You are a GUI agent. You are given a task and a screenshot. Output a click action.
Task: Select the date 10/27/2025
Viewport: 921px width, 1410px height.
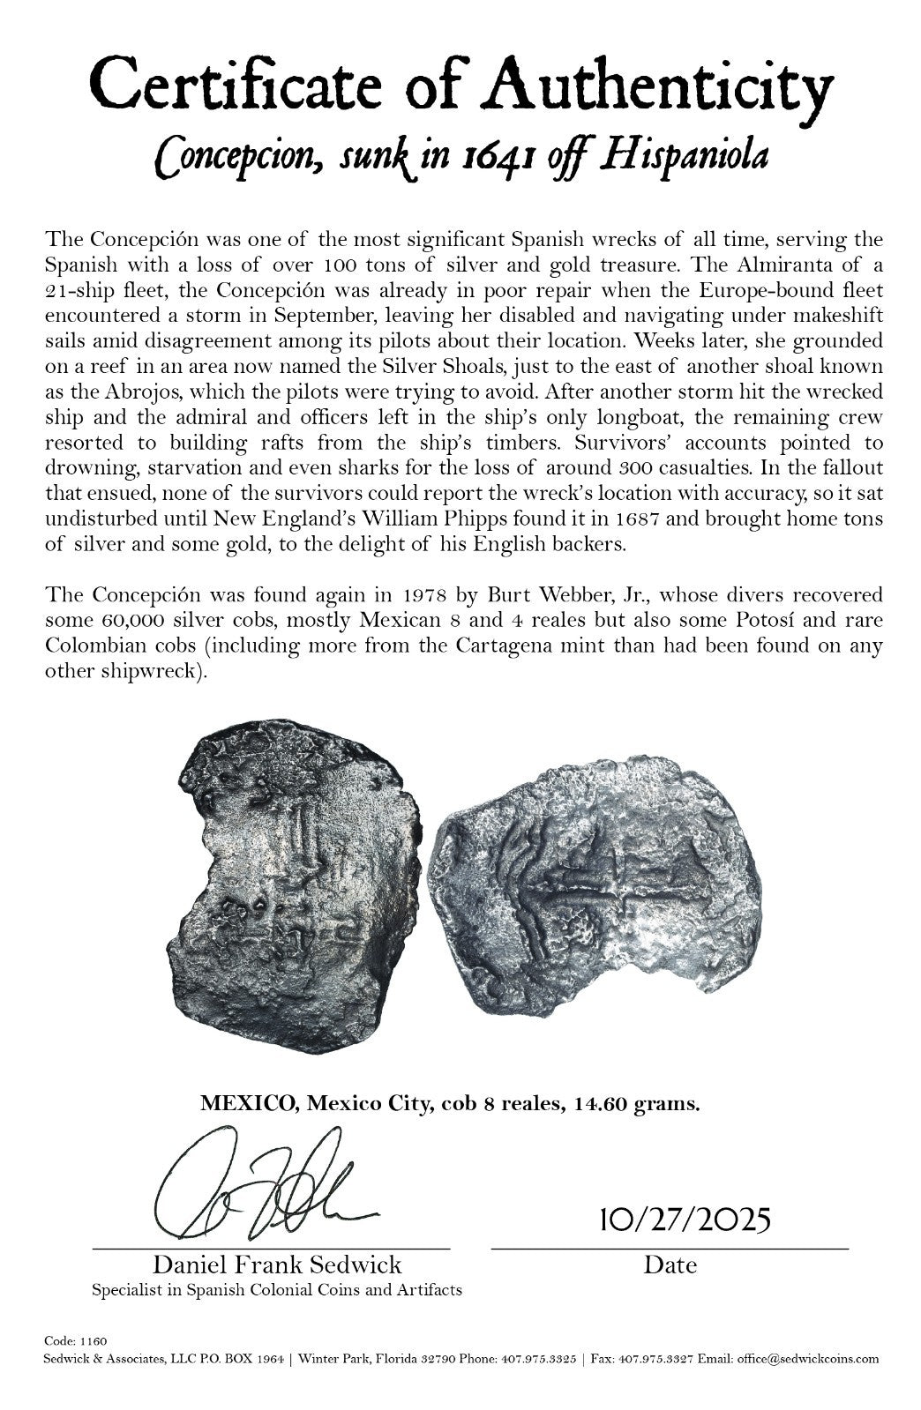685,1220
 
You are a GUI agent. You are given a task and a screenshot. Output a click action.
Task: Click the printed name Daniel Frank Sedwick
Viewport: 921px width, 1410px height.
278,1265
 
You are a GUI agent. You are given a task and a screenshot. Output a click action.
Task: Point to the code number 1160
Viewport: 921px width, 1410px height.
95,1341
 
